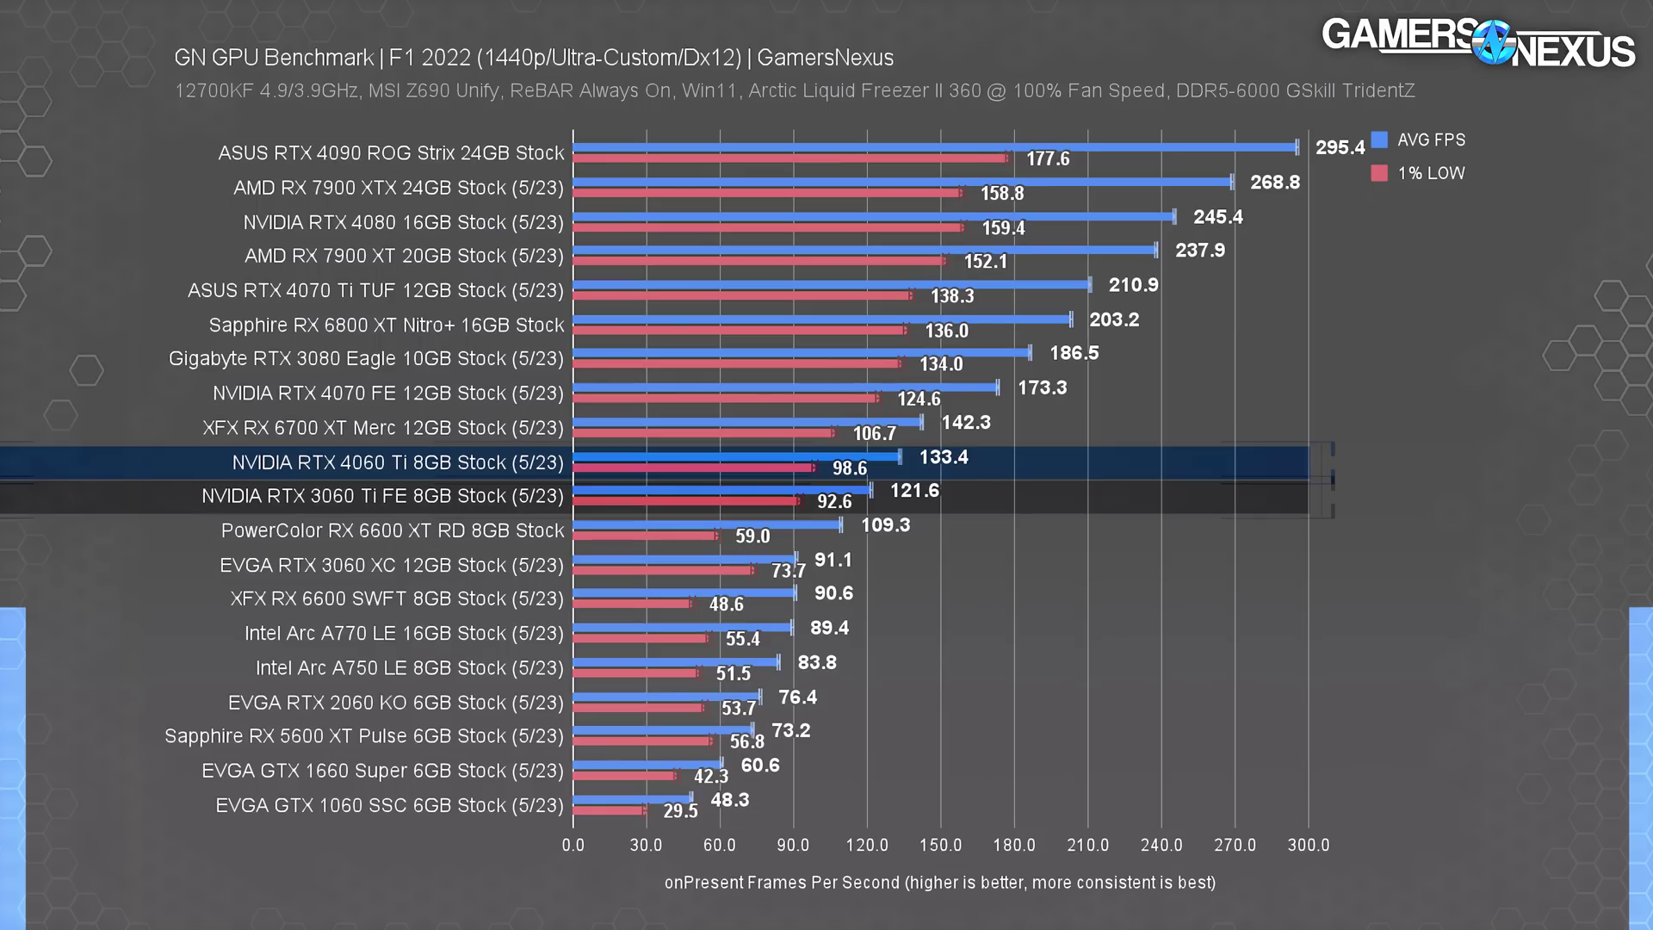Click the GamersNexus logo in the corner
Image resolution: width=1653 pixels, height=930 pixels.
click(x=1477, y=43)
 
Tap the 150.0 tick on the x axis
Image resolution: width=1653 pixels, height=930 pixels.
click(x=940, y=845)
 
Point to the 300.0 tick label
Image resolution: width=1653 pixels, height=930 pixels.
click(x=1308, y=845)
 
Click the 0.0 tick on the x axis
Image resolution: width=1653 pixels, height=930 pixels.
click(x=573, y=845)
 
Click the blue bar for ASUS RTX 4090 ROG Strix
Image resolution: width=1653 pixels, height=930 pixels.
click(x=934, y=147)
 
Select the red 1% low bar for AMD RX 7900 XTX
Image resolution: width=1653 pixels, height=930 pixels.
click(x=766, y=193)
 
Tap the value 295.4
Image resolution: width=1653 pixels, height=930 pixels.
click(x=1340, y=147)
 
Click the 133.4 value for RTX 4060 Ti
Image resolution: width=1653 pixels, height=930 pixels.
click(x=944, y=457)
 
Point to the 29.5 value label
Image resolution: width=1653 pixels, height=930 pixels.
click(x=680, y=811)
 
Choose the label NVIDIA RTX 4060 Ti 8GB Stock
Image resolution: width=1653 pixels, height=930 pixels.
click(x=398, y=462)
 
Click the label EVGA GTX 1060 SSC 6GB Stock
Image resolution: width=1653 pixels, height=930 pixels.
click(x=389, y=805)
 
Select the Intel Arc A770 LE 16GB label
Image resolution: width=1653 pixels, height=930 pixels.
click(x=404, y=633)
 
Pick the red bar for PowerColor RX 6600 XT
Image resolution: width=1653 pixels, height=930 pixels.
click(x=644, y=536)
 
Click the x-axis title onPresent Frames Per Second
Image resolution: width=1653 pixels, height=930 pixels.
click(x=939, y=883)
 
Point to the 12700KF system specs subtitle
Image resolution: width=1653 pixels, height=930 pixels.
click(x=794, y=90)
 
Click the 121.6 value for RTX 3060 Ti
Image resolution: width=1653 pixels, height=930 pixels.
click(x=914, y=491)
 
